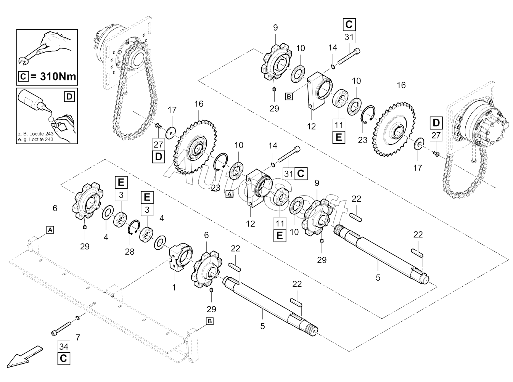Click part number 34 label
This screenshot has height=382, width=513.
tap(64, 346)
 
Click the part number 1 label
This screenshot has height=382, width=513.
tap(174, 287)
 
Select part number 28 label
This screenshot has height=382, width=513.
tap(130, 252)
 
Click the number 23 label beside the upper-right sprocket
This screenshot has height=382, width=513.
tap(362, 140)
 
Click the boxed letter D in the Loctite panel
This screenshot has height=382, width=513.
tap(69, 96)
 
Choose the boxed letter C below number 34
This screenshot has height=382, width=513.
tap(64, 359)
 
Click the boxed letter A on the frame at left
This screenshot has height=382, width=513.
tap(50, 230)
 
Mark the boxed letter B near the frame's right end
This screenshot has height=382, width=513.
tap(209, 321)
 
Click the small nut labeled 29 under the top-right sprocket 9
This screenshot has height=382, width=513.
tap(274, 90)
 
